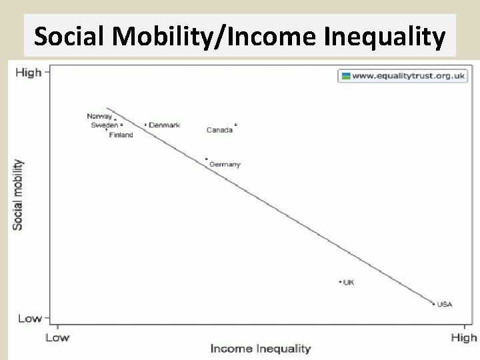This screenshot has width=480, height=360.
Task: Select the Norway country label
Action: coord(99,116)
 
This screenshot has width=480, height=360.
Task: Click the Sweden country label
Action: coord(104,125)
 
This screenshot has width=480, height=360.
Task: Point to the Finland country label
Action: coord(121,135)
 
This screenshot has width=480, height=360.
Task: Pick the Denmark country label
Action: coord(164,125)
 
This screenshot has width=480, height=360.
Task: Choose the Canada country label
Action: coord(219,130)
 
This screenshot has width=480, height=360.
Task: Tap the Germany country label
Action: coord(225,164)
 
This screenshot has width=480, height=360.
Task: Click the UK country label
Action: coord(349,283)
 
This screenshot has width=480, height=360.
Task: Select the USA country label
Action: coord(445,305)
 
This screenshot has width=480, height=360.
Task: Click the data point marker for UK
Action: coord(340,282)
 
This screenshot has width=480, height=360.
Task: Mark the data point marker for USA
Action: coord(434,304)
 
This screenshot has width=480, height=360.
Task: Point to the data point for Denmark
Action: coord(145,125)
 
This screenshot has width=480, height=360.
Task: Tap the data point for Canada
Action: coord(236,125)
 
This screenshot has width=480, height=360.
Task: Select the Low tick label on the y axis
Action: coord(29,318)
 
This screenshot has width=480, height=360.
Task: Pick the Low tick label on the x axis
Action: coord(57,337)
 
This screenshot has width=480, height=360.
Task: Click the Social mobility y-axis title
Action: coord(18,195)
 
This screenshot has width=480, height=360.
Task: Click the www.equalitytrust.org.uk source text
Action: coord(408,75)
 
